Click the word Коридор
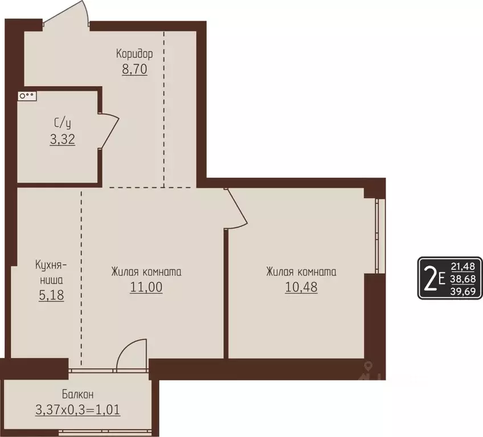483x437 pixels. pyautogui.click(x=134, y=54)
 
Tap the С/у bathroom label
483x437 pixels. pyautogui.click(x=63, y=122)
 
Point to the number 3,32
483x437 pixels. pyautogui.click(x=63, y=138)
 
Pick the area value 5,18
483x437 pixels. pyautogui.click(x=51, y=296)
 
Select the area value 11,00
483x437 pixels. pyautogui.click(x=146, y=288)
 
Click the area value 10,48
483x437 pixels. pyautogui.click(x=301, y=288)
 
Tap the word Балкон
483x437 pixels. pyautogui.click(x=78, y=394)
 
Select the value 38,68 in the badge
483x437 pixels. pyautogui.click(x=462, y=279)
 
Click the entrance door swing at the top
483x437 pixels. pyautogui.click(x=67, y=13)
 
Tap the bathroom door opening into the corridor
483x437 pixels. pyautogui.click(x=109, y=131)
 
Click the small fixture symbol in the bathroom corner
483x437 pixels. pyautogui.click(x=27, y=96)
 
